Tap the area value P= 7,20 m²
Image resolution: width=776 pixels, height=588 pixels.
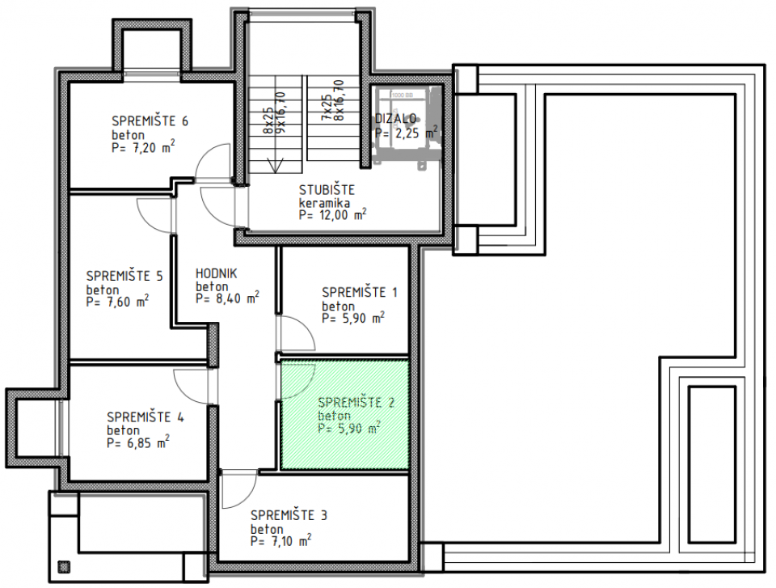pos(144,148)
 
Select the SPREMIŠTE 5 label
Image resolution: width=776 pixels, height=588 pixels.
pos(124,276)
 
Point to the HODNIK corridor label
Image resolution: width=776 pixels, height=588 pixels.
pos(216,273)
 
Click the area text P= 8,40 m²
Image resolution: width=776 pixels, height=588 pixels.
pos(227,298)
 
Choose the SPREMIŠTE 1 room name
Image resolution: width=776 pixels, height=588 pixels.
pos(359,292)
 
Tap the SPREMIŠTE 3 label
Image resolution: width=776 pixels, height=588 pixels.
pos(289,514)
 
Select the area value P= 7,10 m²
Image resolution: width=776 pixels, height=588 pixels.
pos(281,540)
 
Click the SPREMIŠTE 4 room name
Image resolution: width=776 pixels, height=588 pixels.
pos(145,417)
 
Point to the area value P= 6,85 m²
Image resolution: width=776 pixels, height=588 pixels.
pos(137,442)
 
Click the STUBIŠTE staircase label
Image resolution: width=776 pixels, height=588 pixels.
pos(326,190)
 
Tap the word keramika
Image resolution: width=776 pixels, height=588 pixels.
pos(323,203)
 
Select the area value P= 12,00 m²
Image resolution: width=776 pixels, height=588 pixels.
pos(332,215)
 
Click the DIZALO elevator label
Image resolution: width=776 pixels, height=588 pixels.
pos(395,119)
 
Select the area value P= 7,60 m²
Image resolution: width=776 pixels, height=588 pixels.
pos(117,301)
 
